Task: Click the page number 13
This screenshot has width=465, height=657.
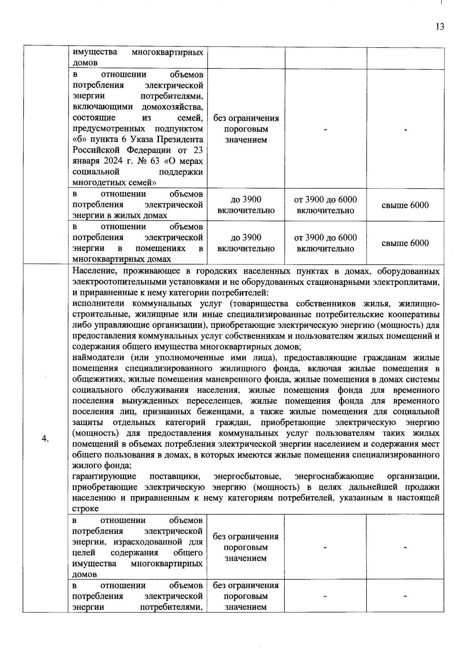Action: [439, 27]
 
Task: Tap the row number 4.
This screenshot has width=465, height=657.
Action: [45, 438]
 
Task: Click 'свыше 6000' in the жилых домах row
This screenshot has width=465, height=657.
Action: [405, 205]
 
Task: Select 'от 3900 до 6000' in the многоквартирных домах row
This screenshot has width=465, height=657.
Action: [325, 238]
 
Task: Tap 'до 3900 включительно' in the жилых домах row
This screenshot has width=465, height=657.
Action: [246, 205]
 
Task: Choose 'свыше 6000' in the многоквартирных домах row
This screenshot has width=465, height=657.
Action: [405, 243]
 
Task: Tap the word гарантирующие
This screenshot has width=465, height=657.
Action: [104, 476]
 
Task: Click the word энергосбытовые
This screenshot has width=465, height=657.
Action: [247, 476]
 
